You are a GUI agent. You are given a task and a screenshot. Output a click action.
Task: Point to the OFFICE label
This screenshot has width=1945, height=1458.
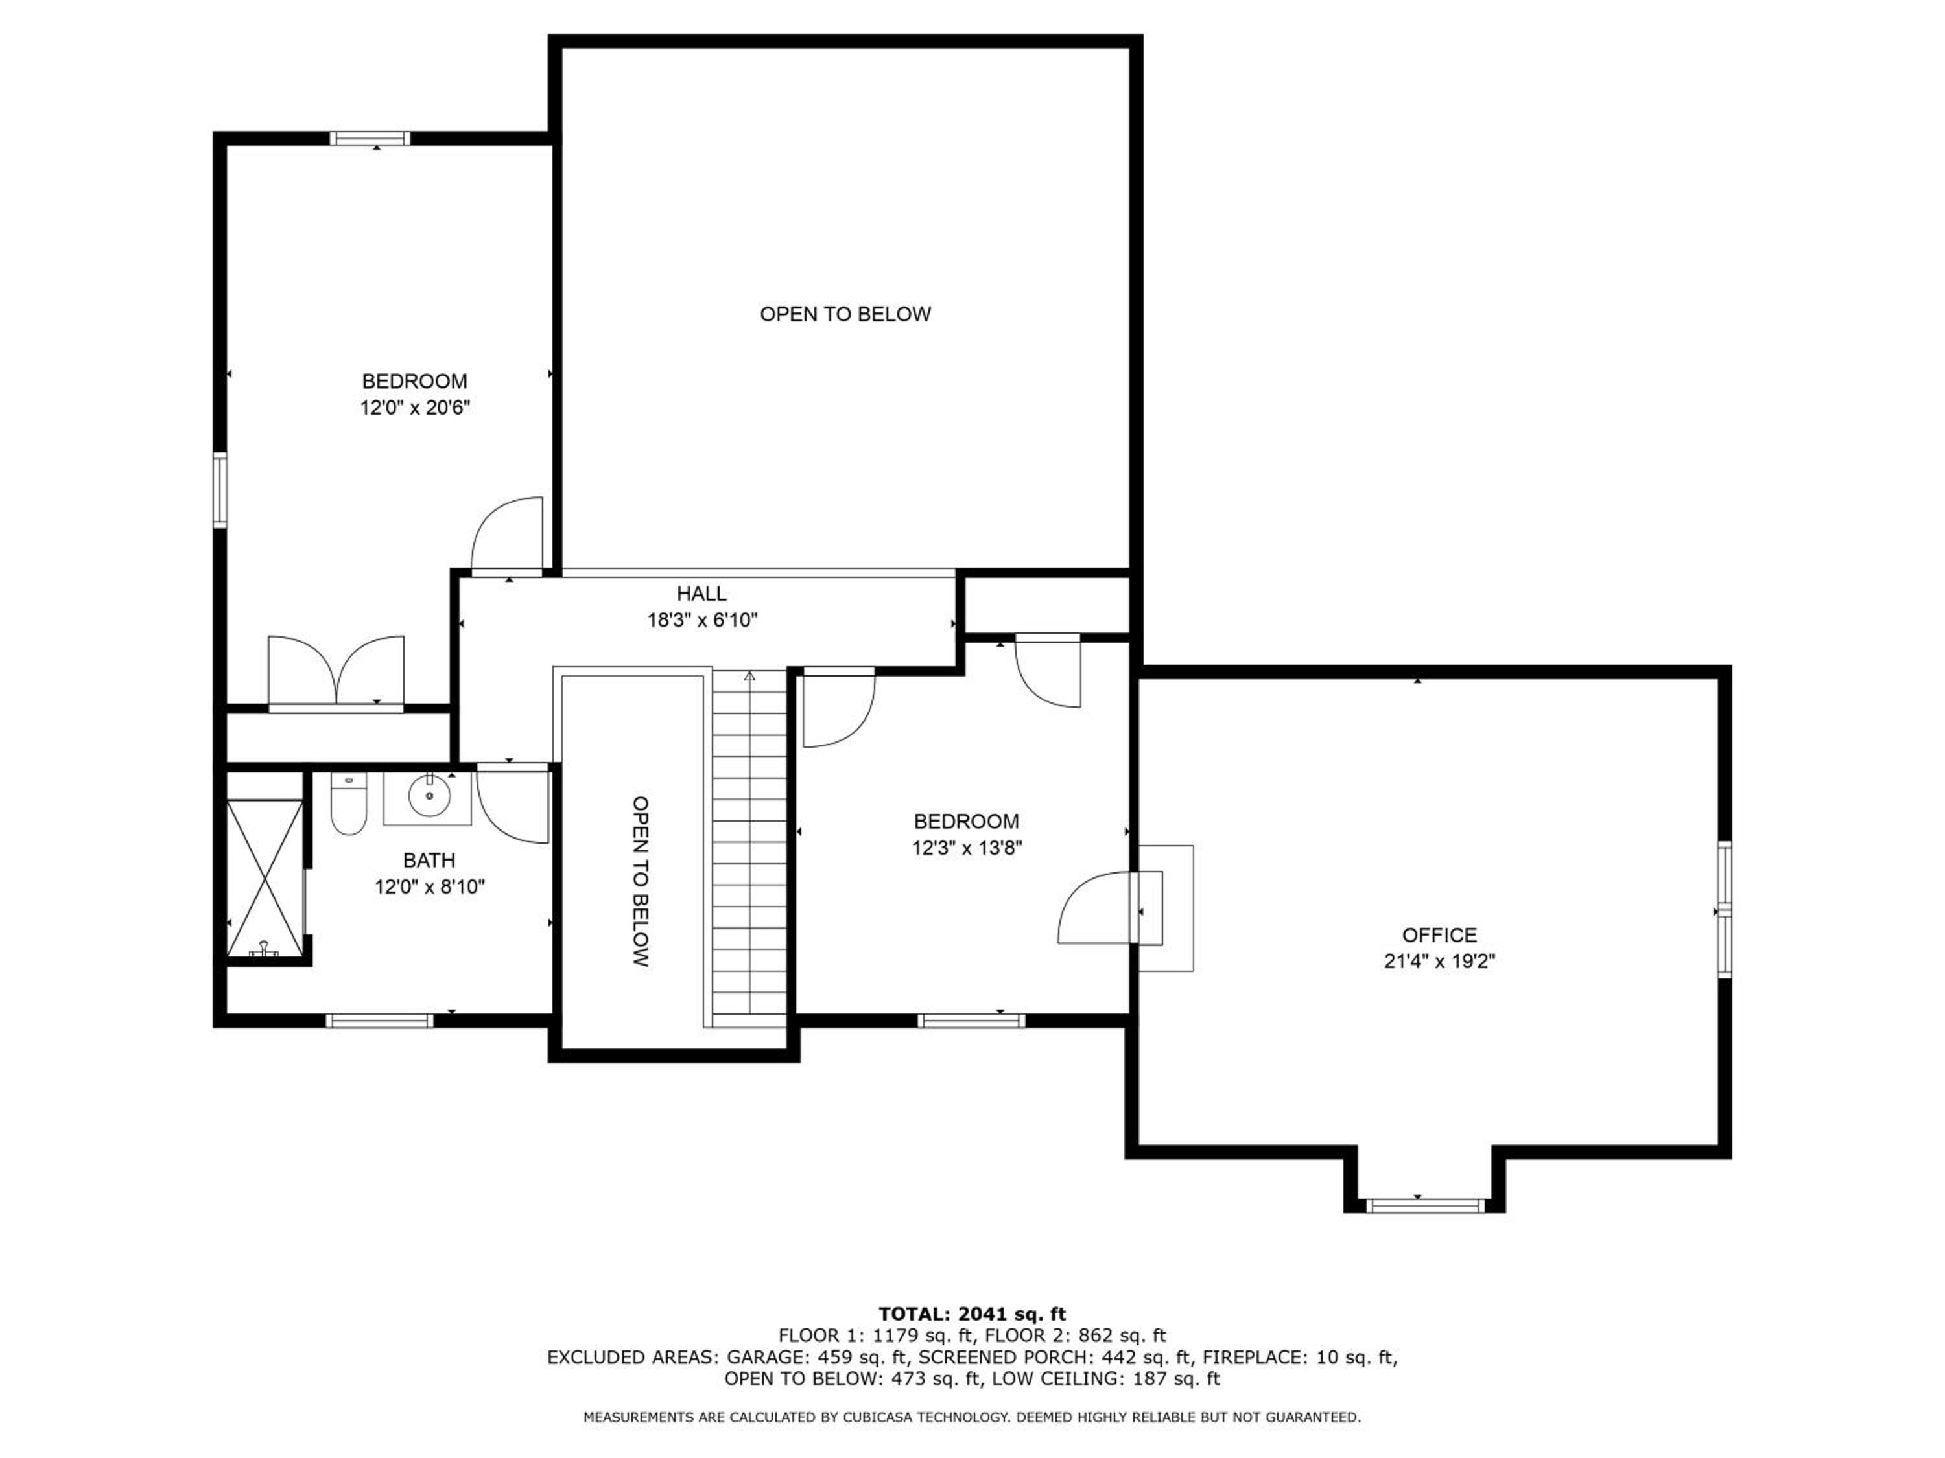pyautogui.click(x=1439, y=934)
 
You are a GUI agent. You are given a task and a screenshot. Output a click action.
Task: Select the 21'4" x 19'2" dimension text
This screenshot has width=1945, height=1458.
pyautogui.click(x=1439, y=962)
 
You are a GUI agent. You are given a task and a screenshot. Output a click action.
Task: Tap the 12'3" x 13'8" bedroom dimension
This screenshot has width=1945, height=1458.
pyautogui.click(x=967, y=848)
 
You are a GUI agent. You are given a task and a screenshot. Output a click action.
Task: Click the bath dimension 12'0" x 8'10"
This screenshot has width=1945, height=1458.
pyautogui.click(x=429, y=886)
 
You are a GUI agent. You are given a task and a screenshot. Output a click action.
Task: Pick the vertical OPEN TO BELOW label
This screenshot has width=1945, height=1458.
pyautogui.click(x=641, y=881)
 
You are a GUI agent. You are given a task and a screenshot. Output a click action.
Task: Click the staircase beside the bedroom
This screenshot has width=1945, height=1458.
pyautogui.click(x=749, y=848)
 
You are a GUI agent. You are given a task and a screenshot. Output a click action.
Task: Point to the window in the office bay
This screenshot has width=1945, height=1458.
pyautogui.click(x=1424, y=1206)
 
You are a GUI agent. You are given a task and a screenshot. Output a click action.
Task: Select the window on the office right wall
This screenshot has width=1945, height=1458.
pyautogui.click(x=1725, y=910)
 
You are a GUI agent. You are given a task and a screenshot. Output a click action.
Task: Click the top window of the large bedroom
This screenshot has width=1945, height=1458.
pyautogui.click(x=370, y=138)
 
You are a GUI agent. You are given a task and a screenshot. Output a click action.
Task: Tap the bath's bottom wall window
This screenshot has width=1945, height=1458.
pyautogui.click(x=379, y=1021)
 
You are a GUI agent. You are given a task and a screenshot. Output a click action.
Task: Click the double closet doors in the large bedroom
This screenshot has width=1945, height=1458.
pyautogui.click(x=336, y=673)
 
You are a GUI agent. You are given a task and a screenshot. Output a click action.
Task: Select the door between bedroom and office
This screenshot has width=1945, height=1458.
pyautogui.click(x=1110, y=908)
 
